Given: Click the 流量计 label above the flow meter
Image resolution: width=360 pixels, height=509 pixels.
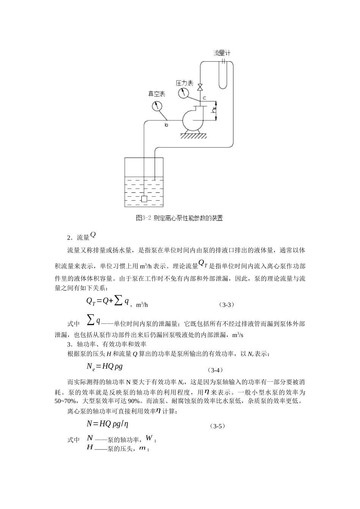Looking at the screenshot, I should (222, 53).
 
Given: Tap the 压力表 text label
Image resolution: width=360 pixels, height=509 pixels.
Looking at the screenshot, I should (185, 83).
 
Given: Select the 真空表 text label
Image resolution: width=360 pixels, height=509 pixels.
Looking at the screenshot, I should (156, 94).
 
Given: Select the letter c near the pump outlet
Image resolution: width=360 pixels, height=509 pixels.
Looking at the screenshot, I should (204, 98).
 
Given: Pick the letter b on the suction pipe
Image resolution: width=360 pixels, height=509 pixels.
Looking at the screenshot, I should (166, 124).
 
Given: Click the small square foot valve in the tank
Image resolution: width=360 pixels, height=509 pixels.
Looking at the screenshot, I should (144, 199).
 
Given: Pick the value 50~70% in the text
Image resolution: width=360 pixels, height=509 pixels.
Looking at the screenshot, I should (65, 401).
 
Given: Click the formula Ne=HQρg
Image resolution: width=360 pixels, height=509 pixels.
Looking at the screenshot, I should (105, 367).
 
